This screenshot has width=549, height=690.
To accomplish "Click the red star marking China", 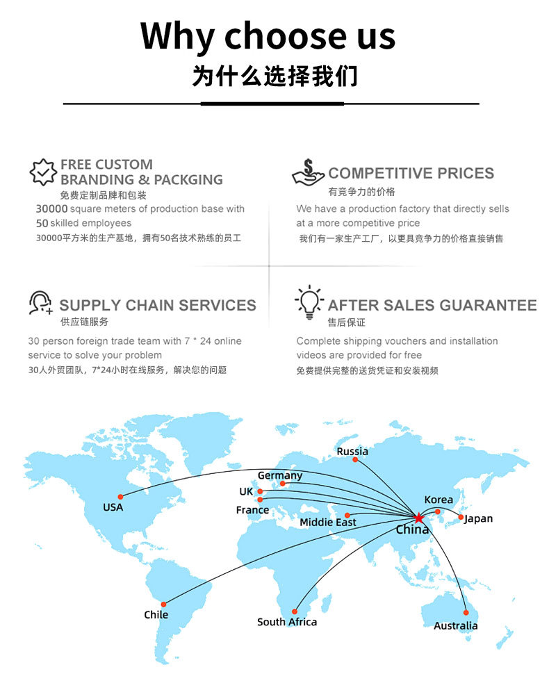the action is click(418, 518).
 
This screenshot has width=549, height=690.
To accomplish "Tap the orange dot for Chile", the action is click(163, 605).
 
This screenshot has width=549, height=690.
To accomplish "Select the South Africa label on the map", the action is click(287, 622).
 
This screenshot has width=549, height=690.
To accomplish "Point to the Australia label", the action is click(456, 625).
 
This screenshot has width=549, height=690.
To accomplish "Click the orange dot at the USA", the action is click(121, 497).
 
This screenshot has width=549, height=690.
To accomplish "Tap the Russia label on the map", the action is click(352, 451).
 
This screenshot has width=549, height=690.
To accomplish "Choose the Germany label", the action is click(280, 476).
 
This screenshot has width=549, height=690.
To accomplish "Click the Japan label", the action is click(479, 519).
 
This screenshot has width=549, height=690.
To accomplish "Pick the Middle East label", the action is click(328, 523).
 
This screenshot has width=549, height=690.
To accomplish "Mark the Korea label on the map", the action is click(439, 500).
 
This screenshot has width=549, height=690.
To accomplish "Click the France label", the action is click(252, 510).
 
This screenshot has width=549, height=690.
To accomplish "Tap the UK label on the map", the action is click(246, 491).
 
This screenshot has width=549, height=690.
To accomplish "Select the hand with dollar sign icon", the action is click(308, 172).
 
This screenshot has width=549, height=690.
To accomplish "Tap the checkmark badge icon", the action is click(42, 172).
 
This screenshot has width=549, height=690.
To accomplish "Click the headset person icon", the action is click(40, 302).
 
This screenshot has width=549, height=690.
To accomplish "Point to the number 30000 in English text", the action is click(51, 208).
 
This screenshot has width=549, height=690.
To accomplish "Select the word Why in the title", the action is click(177, 37).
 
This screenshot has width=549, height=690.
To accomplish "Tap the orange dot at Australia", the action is click(466, 613).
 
